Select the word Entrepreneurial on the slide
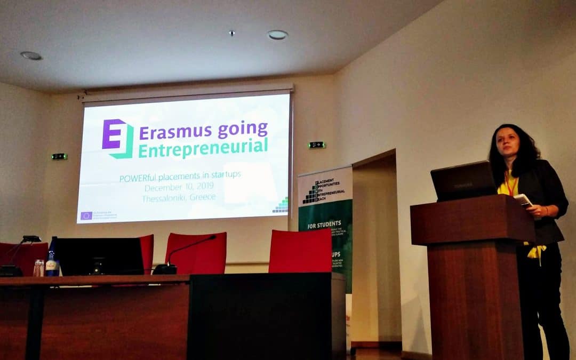coord(203,148)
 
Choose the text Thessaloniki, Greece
coord(179,197)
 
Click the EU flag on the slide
coord(86,215)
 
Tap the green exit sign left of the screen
coord(59,156)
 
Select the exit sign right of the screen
coord(316,145)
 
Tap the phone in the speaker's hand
coord(523,200)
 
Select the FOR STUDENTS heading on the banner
coord(322,226)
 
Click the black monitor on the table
coord(99,256)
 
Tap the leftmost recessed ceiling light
coord(31,55)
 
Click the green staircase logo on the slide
coord(281,205)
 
